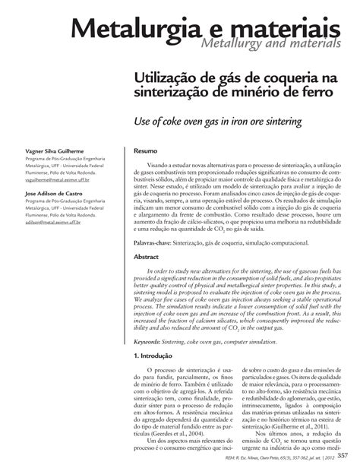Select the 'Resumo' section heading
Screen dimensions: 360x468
point(145,151)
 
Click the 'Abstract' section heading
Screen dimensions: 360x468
point(147,257)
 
